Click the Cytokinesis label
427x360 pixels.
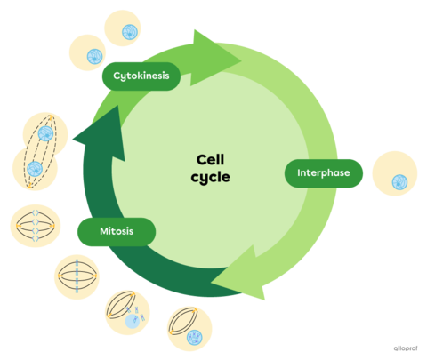pyautogui.click(x=141, y=76)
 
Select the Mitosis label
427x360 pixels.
pyautogui.click(x=117, y=232)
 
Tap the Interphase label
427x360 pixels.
pyautogui.click(x=324, y=172)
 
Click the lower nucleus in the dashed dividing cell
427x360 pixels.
pyautogui.click(x=36, y=169)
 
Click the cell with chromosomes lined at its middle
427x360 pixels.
pyautogui.click(x=81, y=276)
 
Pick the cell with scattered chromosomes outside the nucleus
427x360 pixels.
pyautogui.click(x=128, y=310)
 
